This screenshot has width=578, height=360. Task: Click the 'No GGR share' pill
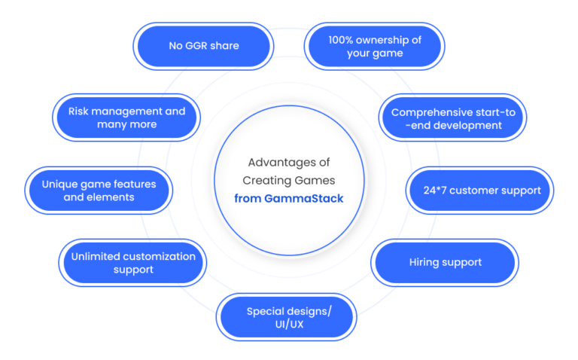(x=203, y=46)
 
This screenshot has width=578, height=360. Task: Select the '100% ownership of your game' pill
(x=375, y=46)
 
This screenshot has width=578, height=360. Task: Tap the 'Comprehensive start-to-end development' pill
(x=452, y=117)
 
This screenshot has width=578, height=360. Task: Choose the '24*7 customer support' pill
(x=480, y=191)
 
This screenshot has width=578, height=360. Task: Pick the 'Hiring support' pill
(x=445, y=263)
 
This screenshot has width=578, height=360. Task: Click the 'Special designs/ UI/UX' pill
(x=287, y=317)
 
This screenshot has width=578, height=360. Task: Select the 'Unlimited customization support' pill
(x=132, y=263)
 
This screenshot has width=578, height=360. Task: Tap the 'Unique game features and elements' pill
(x=99, y=191)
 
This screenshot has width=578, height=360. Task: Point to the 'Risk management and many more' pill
(x=126, y=117)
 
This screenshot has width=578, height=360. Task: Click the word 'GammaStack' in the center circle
(x=304, y=198)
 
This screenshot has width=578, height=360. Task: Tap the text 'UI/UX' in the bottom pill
(x=289, y=325)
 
